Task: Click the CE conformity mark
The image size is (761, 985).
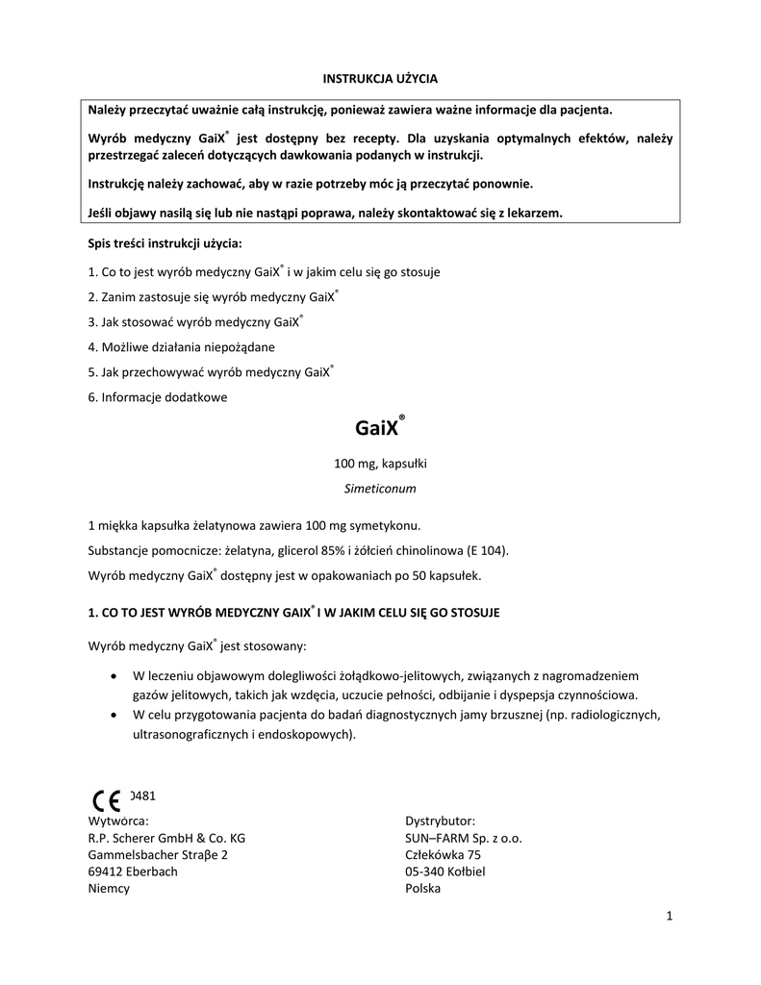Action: click(107, 800)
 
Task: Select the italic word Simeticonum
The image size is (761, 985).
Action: click(380, 489)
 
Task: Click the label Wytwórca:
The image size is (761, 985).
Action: click(118, 821)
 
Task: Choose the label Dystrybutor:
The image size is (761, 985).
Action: click(440, 821)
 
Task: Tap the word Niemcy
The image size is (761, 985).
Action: click(109, 889)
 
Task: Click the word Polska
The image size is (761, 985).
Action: click(423, 889)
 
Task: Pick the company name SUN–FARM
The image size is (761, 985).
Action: click(437, 838)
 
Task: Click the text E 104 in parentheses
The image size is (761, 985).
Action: click(483, 551)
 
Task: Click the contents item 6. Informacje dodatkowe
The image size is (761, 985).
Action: click(158, 397)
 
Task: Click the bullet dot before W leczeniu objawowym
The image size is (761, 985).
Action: click(115, 675)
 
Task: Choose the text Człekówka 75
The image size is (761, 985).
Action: click(444, 854)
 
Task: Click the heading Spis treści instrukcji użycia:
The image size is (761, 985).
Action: click(165, 245)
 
